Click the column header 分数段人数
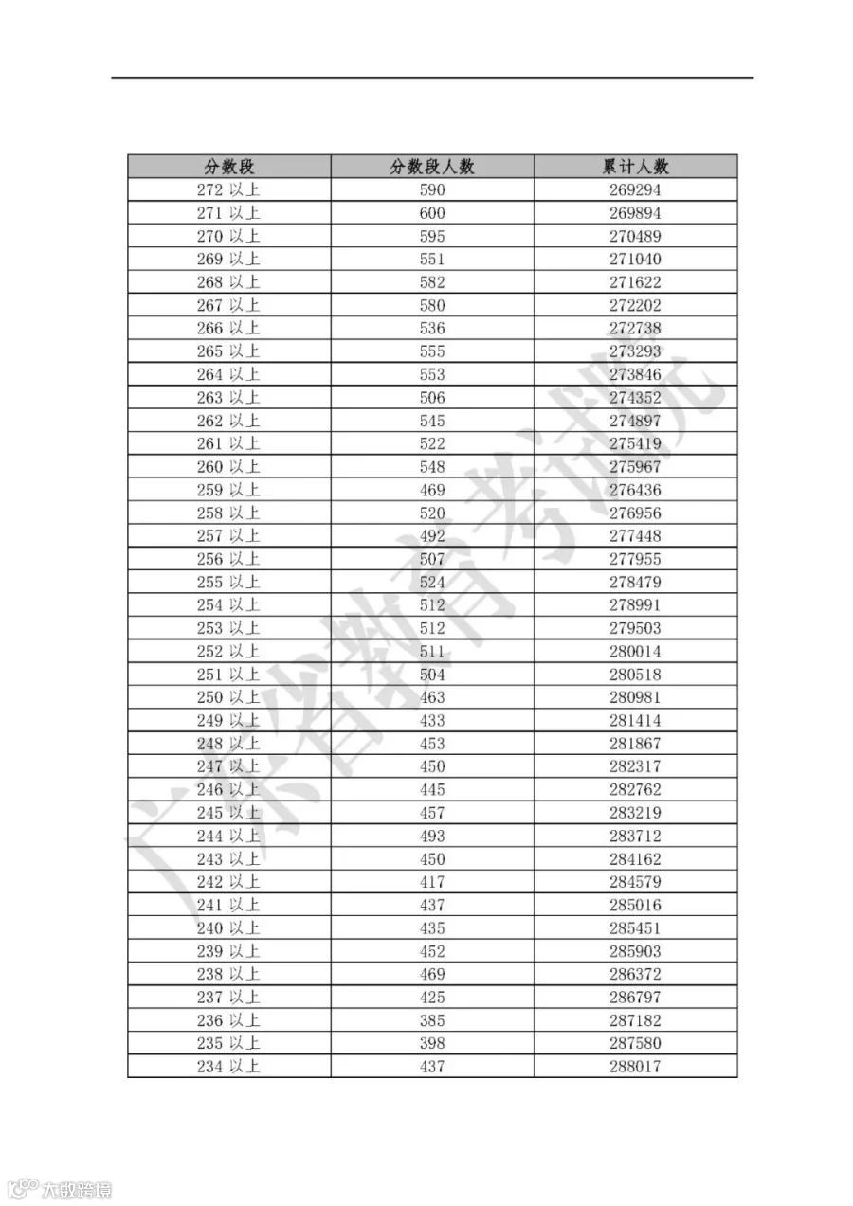point(432,167)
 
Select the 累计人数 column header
point(635,167)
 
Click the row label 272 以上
point(228,189)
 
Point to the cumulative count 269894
point(635,213)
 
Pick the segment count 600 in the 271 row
point(432,213)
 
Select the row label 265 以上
point(228,351)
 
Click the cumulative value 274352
point(635,398)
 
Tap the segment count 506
point(432,398)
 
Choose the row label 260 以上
point(228,467)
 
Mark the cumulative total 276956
point(635,513)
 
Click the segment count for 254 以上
point(432,605)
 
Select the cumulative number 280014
point(635,652)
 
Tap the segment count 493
point(432,837)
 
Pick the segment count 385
point(432,1021)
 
